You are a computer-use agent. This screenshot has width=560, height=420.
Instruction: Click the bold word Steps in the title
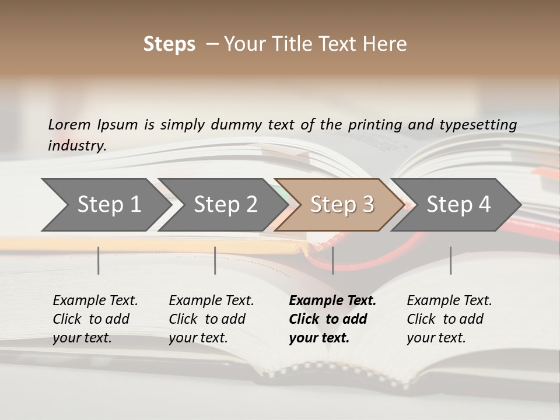[x=169, y=44]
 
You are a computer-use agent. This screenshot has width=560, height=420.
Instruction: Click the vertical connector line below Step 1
[x=99, y=260]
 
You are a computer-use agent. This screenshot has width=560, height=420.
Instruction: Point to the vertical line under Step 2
[x=215, y=260]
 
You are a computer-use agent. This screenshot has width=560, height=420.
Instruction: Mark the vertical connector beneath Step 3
[x=332, y=260]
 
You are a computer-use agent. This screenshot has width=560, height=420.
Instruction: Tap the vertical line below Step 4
[x=450, y=260]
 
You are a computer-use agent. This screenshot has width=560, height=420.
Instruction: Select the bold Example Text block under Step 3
[x=332, y=319]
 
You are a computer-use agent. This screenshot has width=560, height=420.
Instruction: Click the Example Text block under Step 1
[x=95, y=319]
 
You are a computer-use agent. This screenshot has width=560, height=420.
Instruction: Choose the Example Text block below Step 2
[x=211, y=319]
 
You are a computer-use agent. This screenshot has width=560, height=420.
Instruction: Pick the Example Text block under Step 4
[x=449, y=319]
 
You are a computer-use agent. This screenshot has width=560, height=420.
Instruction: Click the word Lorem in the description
[x=69, y=125]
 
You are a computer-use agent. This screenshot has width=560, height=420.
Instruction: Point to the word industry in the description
[x=77, y=146]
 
